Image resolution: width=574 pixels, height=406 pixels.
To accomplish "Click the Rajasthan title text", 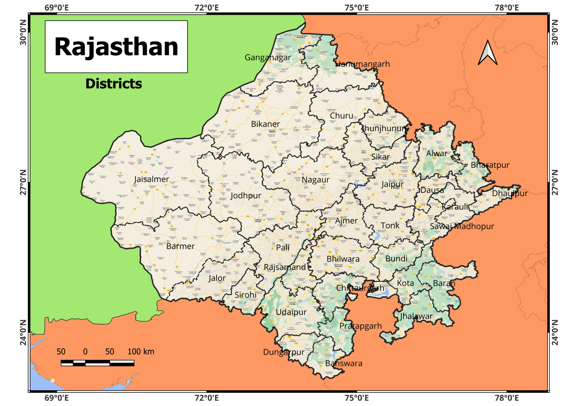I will (x=116, y=47).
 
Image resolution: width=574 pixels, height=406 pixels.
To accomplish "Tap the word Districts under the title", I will (x=114, y=84).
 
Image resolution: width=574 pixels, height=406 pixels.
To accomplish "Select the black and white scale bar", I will (x=97, y=363).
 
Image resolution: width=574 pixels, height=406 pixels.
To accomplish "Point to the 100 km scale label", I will (x=141, y=352).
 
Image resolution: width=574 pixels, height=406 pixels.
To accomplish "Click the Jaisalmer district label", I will (x=151, y=179).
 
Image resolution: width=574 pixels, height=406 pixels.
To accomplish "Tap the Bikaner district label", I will (x=265, y=124).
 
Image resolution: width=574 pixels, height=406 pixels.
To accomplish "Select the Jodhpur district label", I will (x=246, y=195).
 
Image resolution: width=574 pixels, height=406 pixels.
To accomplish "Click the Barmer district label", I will (x=180, y=246).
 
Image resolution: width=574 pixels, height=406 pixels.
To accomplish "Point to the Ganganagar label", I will (x=268, y=57).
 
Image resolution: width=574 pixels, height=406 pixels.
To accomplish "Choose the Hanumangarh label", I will (x=362, y=64).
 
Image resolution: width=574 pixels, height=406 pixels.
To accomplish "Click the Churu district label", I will (x=341, y=116).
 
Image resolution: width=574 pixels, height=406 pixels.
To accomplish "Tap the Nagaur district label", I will (x=315, y=180).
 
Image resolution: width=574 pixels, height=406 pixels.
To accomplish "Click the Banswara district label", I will (x=344, y=363).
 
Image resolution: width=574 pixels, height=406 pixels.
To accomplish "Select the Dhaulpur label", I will (x=510, y=193).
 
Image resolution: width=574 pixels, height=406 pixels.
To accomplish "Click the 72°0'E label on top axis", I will (x=207, y=8).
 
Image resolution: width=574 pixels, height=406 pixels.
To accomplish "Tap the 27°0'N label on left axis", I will (x=23, y=182).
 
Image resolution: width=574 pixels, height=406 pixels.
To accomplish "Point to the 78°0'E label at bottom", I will (x=507, y=398).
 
